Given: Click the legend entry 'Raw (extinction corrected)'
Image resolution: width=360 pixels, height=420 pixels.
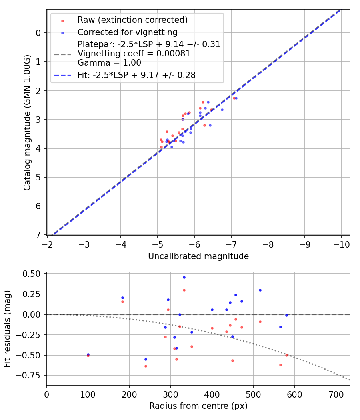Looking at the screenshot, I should tap(132, 20).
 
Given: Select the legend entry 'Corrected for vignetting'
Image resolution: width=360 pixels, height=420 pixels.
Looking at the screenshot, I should tap(128, 32).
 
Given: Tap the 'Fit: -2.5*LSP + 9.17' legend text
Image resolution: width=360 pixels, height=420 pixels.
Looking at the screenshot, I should tap(136, 75).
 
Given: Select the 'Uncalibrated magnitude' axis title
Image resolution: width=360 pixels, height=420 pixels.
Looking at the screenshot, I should tap(198, 256).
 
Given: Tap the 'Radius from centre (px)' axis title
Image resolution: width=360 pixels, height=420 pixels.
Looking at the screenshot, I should tap(198, 406).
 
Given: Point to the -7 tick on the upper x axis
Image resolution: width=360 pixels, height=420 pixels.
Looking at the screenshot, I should tap(231, 244).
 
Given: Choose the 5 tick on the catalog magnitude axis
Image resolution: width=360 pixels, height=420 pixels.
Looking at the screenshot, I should tap(38, 177).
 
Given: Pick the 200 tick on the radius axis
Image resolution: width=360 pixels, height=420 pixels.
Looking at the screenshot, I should tap(129, 394).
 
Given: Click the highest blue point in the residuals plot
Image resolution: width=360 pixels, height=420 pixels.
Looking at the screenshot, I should tap(184, 277).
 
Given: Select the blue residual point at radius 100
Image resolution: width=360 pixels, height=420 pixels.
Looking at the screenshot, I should tap(88, 354).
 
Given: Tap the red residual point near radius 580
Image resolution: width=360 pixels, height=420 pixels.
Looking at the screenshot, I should tap(286, 355).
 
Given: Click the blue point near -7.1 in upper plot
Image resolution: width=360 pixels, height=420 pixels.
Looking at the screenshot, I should tap(236, 98).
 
